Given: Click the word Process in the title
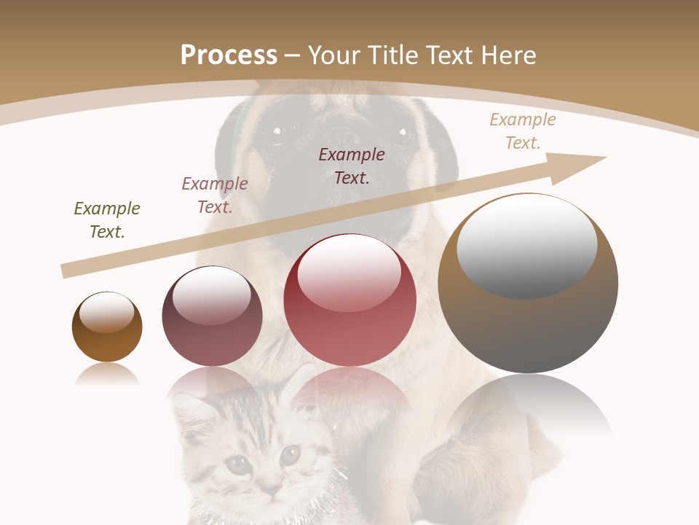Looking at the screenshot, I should point(229,55).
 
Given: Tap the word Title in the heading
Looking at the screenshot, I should point(390,55).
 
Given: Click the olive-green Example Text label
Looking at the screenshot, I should point(107,220).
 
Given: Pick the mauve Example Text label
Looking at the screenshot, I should point(215,195).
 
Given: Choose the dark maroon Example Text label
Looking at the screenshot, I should point(352,166).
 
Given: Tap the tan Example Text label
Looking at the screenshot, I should point(523,131).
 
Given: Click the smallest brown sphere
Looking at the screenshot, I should point(107,327).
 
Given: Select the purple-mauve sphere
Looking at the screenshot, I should point(212,316).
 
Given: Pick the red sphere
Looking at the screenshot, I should point(350,300).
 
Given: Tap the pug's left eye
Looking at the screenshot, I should point(276,132).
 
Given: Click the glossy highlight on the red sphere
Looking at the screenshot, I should point(349,272).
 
